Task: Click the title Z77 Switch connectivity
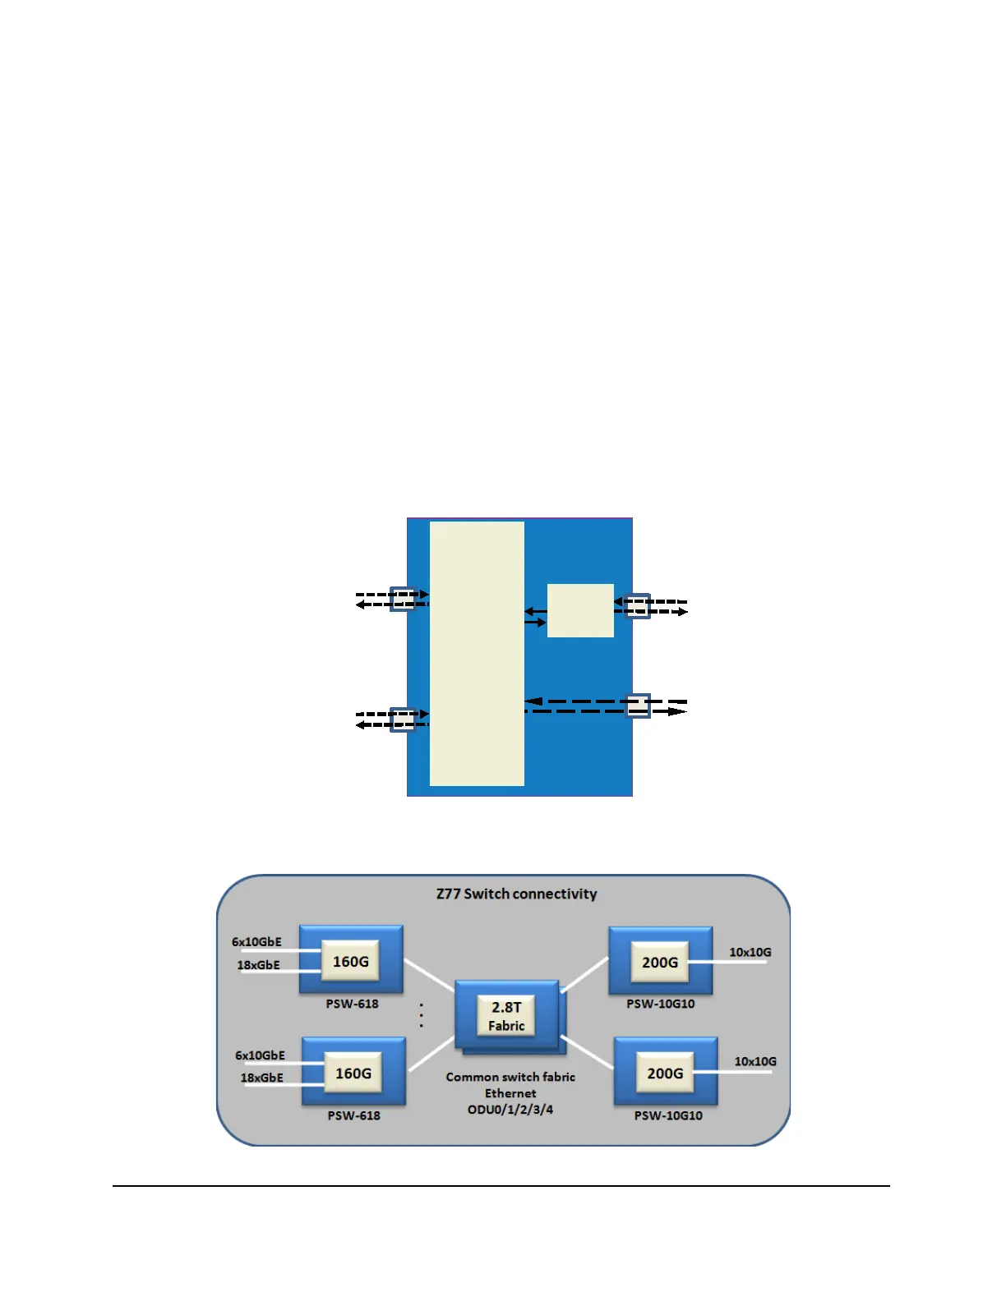(x=516, y=894)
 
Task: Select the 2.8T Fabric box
(x=506, y=1016)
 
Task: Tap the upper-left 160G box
(x=351, y=962)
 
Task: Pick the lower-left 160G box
(x=353, y=1073)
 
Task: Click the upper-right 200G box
(x=660, y=963)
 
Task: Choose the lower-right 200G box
(x=665, y=1073)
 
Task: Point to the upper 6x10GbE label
(x=256, y=942)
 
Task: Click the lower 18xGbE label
(x=261, y=1078)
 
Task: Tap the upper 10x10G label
(x=750, y=952)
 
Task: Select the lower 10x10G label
(x=754, y=1061)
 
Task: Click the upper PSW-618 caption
(x=352, y=1004)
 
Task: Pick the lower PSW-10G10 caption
(x=668, y=1115)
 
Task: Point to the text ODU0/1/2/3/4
(x=510, y=1110)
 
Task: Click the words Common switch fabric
(x=510, y=1077)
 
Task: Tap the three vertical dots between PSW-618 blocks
(x=422, y=1015)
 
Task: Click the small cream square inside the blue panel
(x=580, y=610)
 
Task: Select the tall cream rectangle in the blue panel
(x=477, y=654)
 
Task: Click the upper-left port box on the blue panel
(x=402, y=599)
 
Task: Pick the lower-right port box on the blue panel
(x=638, y=706)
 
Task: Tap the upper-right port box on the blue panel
(x=638, y=606)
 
